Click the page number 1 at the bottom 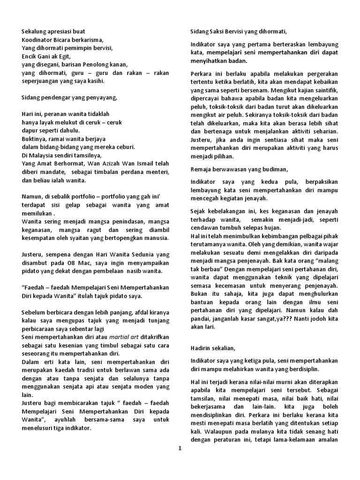tap(180, 449)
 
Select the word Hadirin tap(202, 348)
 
